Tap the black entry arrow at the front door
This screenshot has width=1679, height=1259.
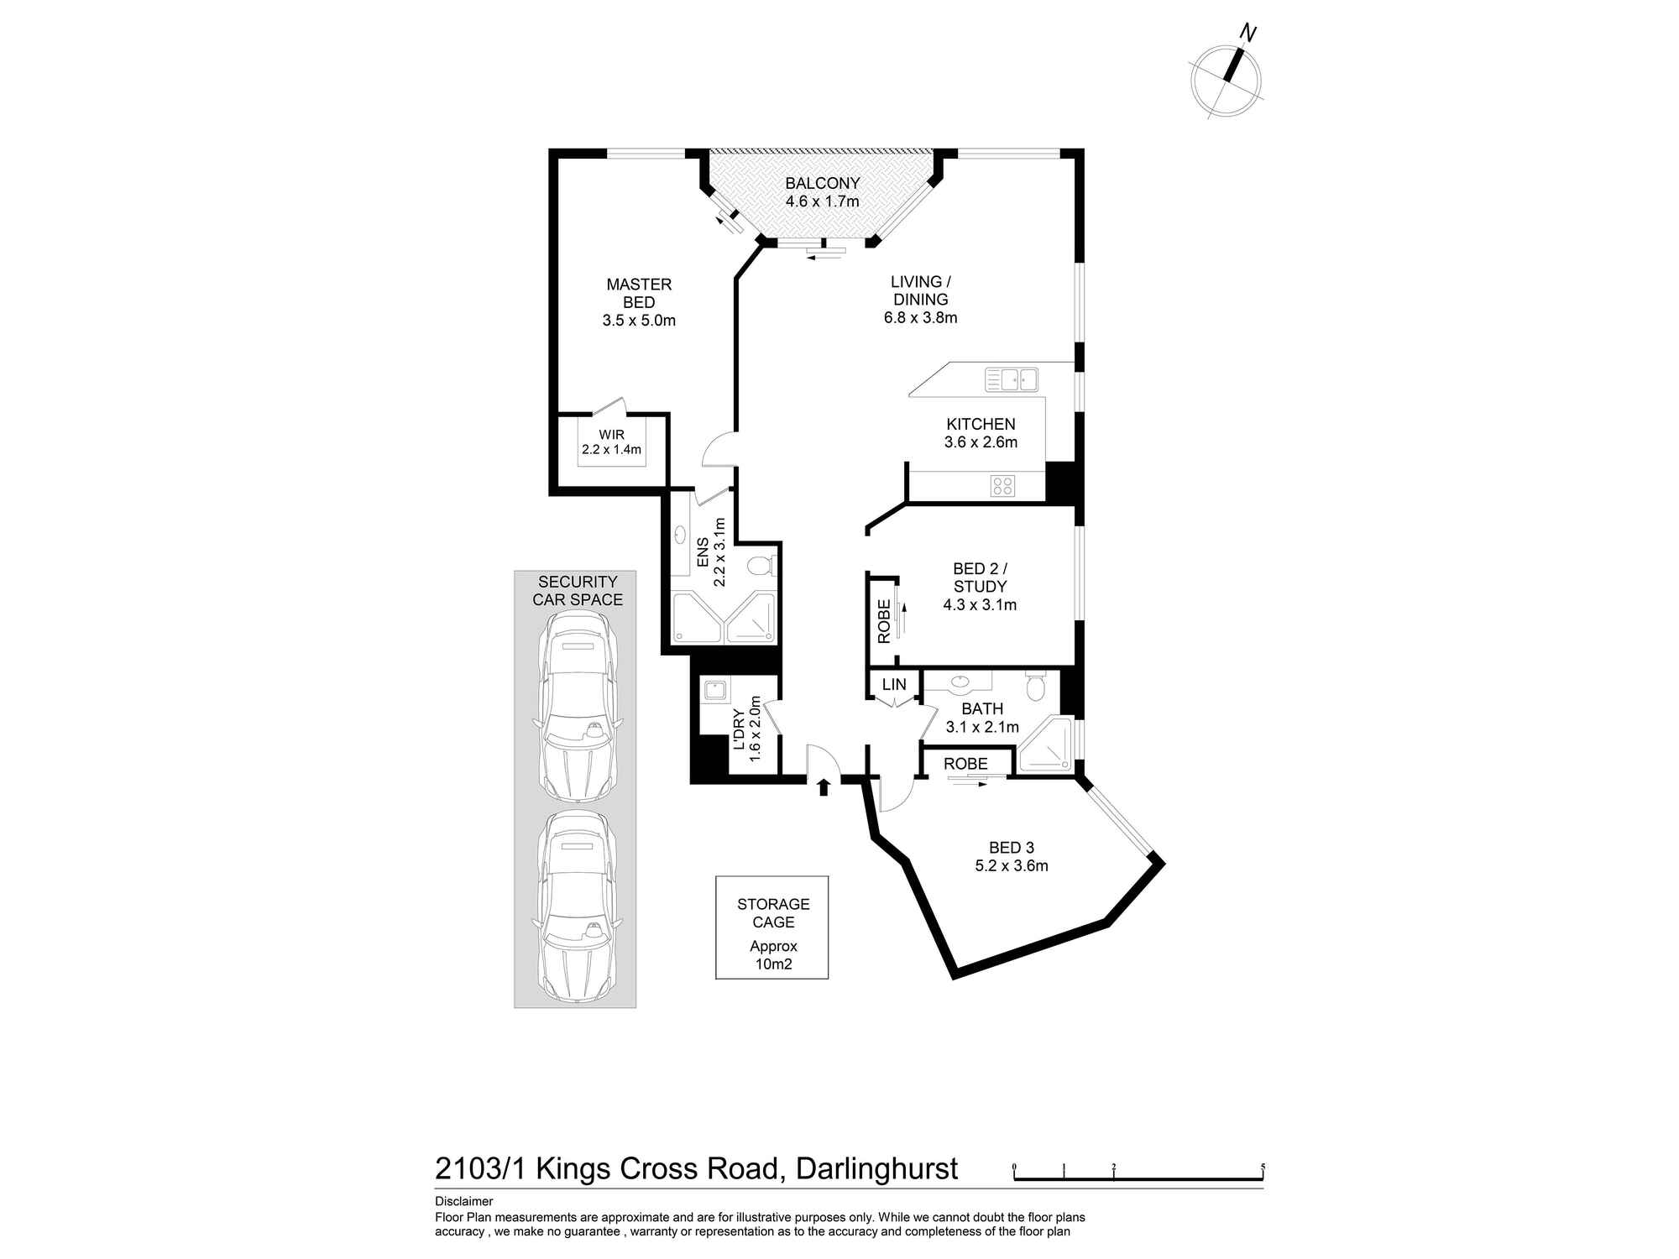click(824, 786)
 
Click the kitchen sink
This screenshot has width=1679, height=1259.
click(1012, 379)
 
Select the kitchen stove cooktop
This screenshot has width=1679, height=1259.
click(1002, 485)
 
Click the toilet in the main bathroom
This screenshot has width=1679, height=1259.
click(1036, 686)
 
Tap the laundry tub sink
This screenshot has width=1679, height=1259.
click(715, 691)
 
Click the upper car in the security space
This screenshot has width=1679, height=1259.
click(577, 705)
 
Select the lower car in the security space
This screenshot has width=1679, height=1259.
click(577, 906)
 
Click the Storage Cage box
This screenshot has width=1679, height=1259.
click(772, 927)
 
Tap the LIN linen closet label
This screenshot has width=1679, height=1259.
click(894, 685)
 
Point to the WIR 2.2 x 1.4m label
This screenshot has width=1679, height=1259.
click(612, 442)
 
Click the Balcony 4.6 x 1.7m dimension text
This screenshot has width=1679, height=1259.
click(823, 201)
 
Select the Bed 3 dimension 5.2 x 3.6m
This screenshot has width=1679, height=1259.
click(1012, 866)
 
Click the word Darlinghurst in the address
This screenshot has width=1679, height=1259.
click(876, 1169)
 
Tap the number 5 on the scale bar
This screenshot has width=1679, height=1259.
click(1263, 1167)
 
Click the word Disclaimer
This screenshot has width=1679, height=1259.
click(464, 1202)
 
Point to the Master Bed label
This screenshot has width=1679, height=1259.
click(639, 293)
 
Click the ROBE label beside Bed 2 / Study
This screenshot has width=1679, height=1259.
click(884, 621)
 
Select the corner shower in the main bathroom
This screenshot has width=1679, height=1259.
click(1045, 745)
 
